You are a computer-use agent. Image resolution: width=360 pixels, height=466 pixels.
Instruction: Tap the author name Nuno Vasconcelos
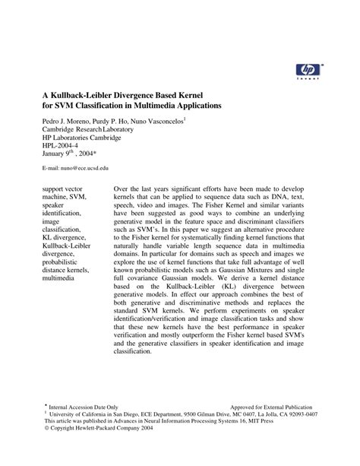click(x=159, y=120)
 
